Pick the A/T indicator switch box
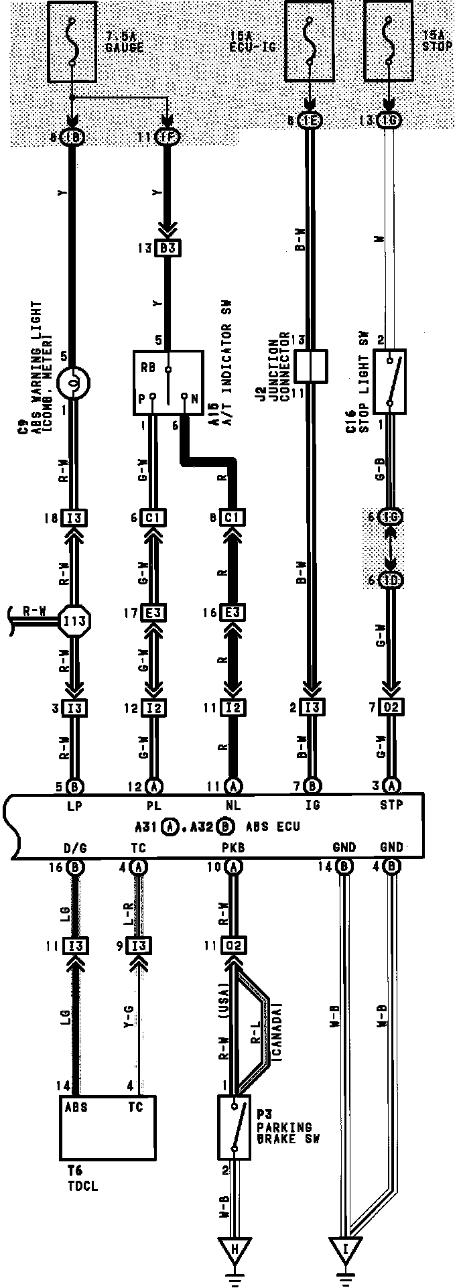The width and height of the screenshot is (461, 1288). tap(168, 382)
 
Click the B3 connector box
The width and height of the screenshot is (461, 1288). tap(168, 248)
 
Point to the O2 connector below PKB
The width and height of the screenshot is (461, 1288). tap(234, 946)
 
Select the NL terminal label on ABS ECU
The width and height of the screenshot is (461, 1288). tap(233, 806)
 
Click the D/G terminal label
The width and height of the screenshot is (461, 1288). tap(74, 848)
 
